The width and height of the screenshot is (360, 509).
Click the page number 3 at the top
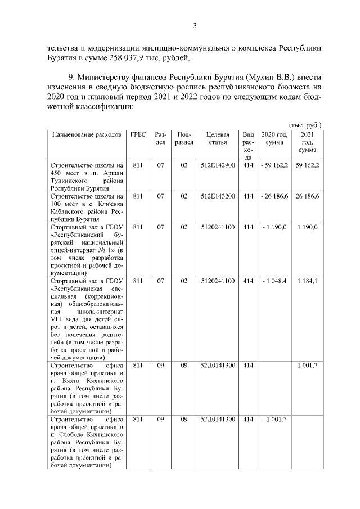(195, 25)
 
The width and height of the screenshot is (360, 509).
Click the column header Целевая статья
(218, 138)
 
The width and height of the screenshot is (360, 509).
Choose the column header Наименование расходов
(87, 135)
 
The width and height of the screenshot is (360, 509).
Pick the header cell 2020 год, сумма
(274, 139)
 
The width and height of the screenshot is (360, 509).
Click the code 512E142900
(218, 166)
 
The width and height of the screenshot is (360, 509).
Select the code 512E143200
(218, 196)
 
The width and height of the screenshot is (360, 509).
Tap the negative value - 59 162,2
(274, 166)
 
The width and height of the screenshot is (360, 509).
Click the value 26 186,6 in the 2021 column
(307, 196)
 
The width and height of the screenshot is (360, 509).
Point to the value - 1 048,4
(274, 281)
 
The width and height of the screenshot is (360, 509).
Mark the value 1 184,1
(307, 281)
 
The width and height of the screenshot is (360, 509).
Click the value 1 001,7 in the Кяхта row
(307, 366)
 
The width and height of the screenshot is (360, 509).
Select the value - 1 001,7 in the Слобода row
(274, 420)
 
